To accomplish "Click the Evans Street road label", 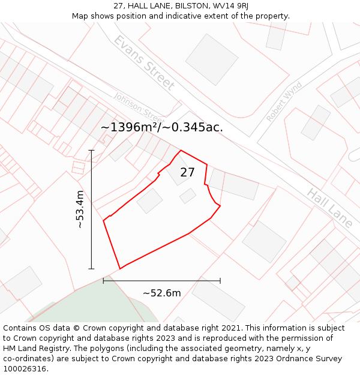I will point(144,63).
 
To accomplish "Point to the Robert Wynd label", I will point(284,102).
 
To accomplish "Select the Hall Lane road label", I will point(329,208).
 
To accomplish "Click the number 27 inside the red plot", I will point(187,173).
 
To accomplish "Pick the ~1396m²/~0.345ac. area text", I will point(161,127).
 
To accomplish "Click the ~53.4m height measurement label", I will point(80,209).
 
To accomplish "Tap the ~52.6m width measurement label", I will point(161,293).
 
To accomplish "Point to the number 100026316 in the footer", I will point(25,369).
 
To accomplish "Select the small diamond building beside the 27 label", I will point(188,196).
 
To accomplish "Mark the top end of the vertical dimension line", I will point(91,150).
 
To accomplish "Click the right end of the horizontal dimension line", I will point(220,280).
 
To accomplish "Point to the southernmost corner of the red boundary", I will point(120,269).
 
